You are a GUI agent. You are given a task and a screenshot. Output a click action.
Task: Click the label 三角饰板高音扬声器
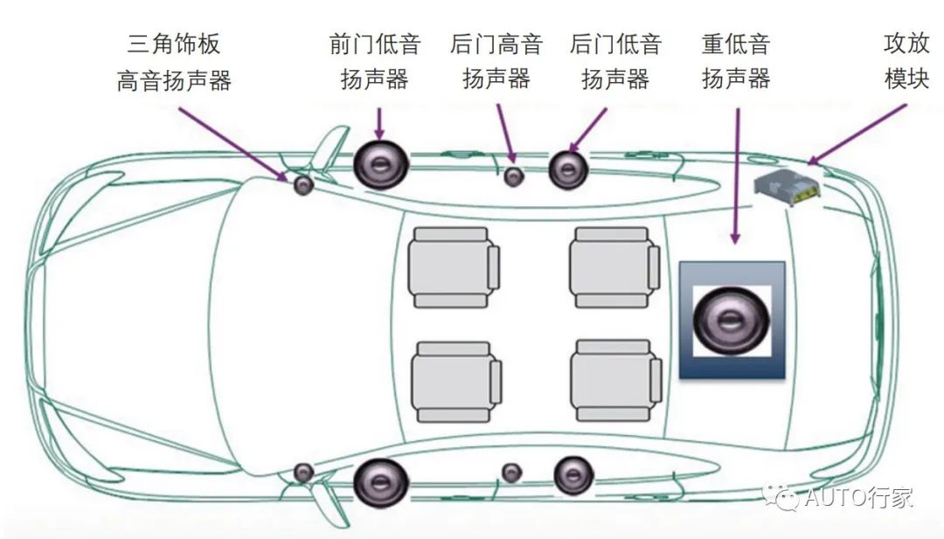tap(174, 61)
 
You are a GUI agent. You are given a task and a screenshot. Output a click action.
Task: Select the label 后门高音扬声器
tap(496, 61)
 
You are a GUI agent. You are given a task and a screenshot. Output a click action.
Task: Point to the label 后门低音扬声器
tap(615, 61)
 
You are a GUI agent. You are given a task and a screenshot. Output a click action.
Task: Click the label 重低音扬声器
tap(736, 61)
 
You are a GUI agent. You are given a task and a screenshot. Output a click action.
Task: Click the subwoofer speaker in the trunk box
tap(732, 320)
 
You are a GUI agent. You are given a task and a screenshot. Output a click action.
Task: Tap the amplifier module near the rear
tap(788, 188)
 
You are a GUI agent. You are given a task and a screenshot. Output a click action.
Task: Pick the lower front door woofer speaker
tap(381, 480)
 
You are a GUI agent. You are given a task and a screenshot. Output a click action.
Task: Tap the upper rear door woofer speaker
tap(566, 169)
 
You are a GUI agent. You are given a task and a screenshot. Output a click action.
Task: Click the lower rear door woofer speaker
tap(573, 474)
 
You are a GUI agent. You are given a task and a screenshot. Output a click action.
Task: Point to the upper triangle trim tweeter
tap(303, 185)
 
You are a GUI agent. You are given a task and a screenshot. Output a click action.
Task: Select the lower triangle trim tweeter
tap(303, 473)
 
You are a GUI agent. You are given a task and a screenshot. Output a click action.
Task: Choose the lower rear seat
tap(614, 380)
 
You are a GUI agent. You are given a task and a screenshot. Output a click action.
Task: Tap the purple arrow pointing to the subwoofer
tap(736, 175)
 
